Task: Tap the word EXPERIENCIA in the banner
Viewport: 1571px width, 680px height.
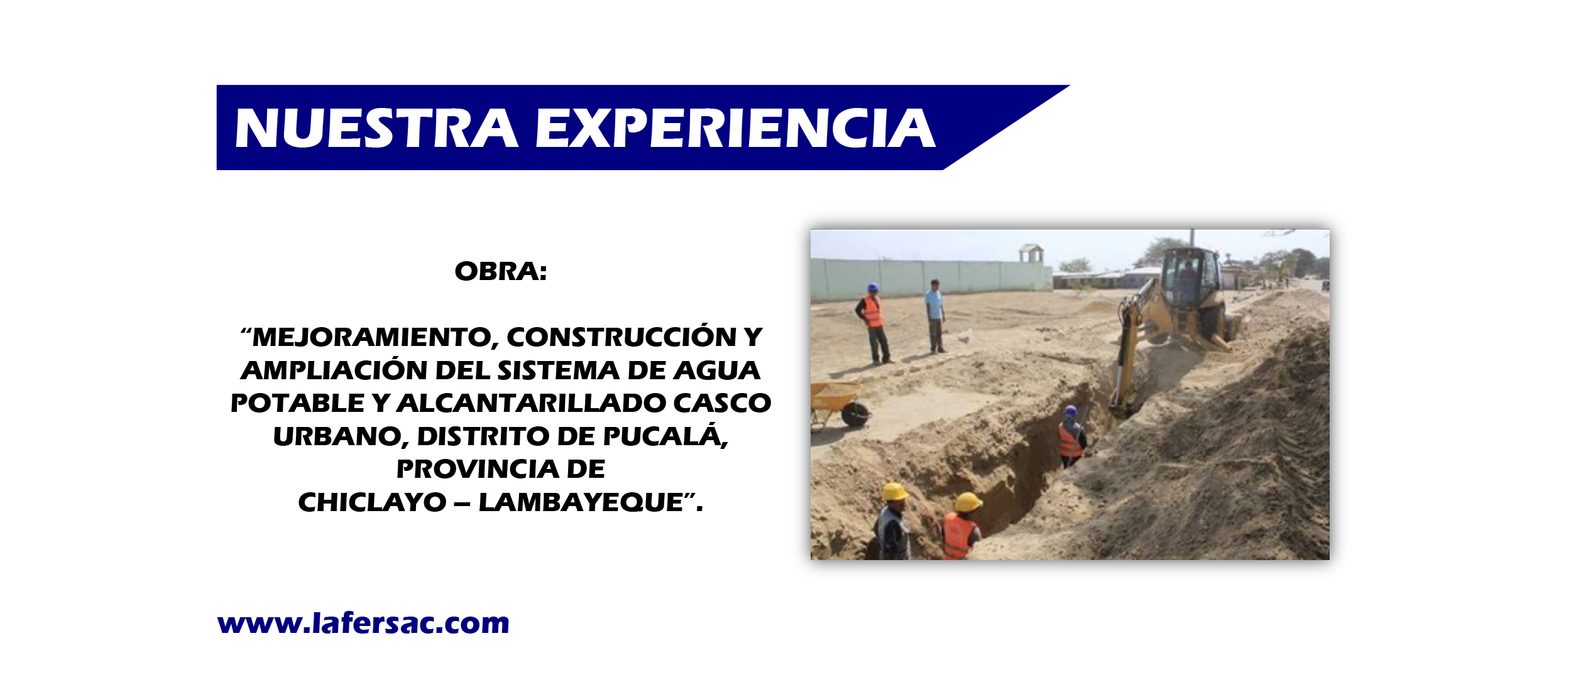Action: click(x=735, y=128)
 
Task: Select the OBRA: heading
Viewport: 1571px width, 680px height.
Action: click(x=501, y=271)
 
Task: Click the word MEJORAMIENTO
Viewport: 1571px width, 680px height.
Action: click(x=371, y=338)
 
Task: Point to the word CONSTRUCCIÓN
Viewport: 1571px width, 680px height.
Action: click(x=621, y=337)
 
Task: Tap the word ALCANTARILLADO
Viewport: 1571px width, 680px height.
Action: click(x=531, y=403)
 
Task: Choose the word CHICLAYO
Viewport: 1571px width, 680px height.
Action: click(x=372, y=502)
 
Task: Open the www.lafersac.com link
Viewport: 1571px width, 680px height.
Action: click(x=363, y=624)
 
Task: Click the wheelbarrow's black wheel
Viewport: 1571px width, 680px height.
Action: click(x=855, y=414)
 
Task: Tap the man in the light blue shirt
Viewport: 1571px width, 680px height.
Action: click(x=935, y=316)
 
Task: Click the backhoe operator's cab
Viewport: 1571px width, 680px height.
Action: click(x=1185, y=278)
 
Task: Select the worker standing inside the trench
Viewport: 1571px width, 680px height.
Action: click(x=1071, y=437)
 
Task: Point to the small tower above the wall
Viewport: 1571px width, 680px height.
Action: click(x=1031, y=254)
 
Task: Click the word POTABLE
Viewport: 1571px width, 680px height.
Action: click(x=297, y=403)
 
